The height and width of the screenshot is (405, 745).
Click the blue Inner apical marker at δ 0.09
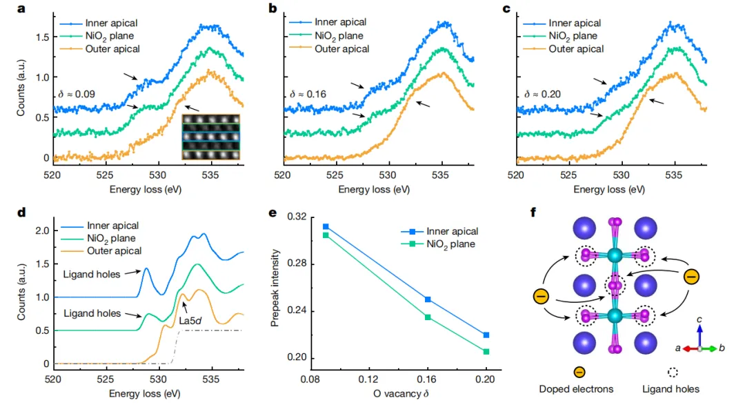coord(326,226)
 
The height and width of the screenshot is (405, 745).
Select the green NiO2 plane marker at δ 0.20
coord(486,352)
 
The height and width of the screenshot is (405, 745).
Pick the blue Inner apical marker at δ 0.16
coord(428,299)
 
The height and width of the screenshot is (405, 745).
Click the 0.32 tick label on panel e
coord(297,217)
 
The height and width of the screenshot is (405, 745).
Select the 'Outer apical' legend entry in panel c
coord(575,49)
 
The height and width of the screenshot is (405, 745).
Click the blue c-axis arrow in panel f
coord(699,333)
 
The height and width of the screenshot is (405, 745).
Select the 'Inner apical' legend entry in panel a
coord(110,22)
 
